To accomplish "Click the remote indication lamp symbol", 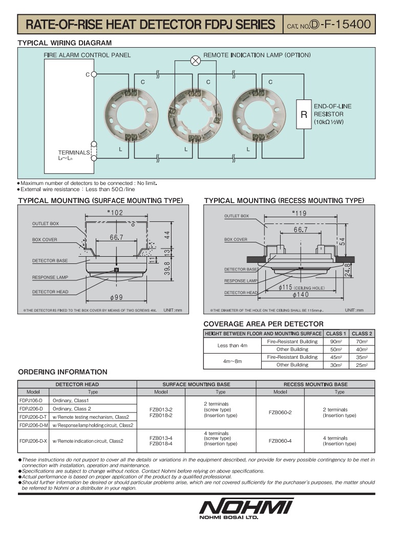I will click(x=195, y=61).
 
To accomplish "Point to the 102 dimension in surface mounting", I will click(x=115, y=213).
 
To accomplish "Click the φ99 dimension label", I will click(x=116, y=298).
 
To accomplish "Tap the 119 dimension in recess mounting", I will click(x=300, y=214).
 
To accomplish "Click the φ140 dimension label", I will click(x=301, y=295).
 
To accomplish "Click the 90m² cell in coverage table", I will click(x=335, y=341).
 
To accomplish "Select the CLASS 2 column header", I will click(x=362, y=333).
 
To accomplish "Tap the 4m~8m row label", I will click(x=232, y=361).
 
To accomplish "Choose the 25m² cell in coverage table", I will click(x=362, y=365).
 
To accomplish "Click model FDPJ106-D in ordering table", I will click(x=31, y=400).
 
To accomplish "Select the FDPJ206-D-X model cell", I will click(x=33, y=441).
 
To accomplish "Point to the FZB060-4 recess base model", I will click(x=280, y=441).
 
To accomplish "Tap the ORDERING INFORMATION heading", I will click(x=62, y=372).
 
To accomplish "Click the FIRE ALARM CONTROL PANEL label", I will click(x=87, y=55).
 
